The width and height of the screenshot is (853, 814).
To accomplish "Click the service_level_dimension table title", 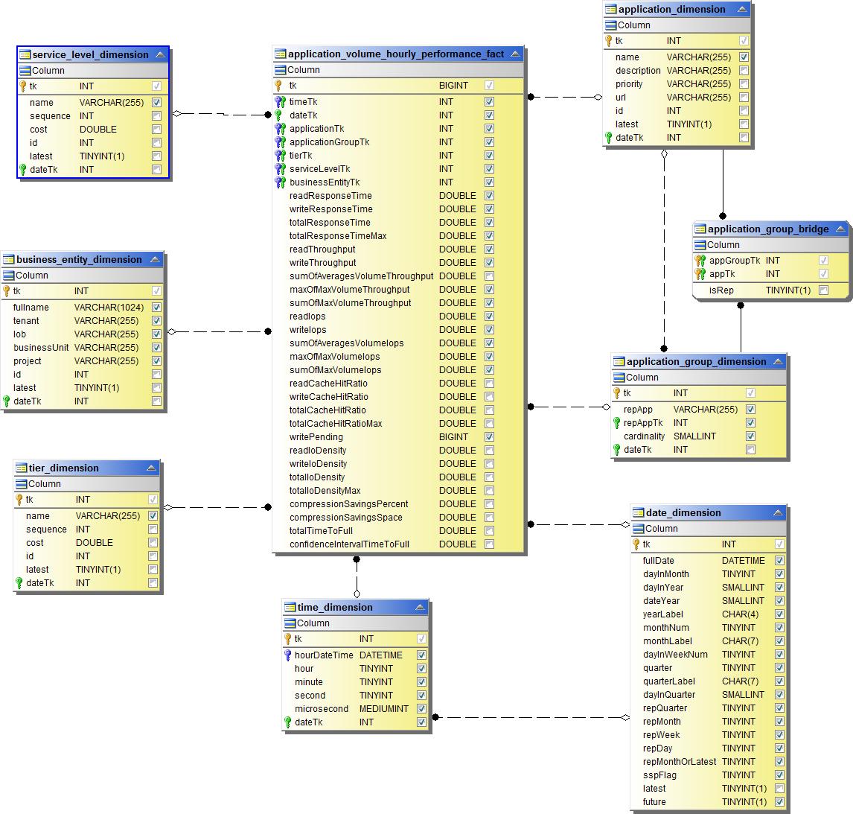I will click(90, 54).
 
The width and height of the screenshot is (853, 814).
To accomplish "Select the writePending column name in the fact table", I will click(316, 437).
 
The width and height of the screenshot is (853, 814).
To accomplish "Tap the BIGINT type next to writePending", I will click(453, 437).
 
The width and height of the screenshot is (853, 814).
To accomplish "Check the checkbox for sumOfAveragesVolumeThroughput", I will click(489, 276).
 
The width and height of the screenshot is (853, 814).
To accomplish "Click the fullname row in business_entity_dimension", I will click(31, 308).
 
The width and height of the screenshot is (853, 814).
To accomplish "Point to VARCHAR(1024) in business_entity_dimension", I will click(109, 308).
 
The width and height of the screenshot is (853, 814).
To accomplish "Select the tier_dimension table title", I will click(63, 468).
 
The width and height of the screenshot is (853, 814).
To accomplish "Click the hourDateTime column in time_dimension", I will click(324, 655).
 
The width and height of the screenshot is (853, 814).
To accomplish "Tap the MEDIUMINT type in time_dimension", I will click(383, 709).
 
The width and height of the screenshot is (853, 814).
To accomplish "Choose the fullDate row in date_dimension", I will click(659, 561).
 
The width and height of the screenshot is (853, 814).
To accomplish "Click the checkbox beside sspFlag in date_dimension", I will click(779, 775).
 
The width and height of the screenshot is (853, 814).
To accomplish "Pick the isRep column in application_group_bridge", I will click(721, 290).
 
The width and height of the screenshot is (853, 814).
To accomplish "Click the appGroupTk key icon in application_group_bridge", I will click(700, 261).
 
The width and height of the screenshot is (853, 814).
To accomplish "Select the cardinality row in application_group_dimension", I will click(645, 436).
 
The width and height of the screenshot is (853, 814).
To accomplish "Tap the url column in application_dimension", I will click(621, 98).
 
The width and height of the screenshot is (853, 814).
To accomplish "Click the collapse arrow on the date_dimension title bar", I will click(778, 512).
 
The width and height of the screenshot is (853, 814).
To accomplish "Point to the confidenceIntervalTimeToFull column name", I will click(349, 544).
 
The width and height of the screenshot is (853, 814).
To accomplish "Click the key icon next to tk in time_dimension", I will click(288, 639).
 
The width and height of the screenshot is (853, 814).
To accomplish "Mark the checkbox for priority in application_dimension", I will click(744, 84).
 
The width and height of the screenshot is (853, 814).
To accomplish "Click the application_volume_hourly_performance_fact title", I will click(395, 54).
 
